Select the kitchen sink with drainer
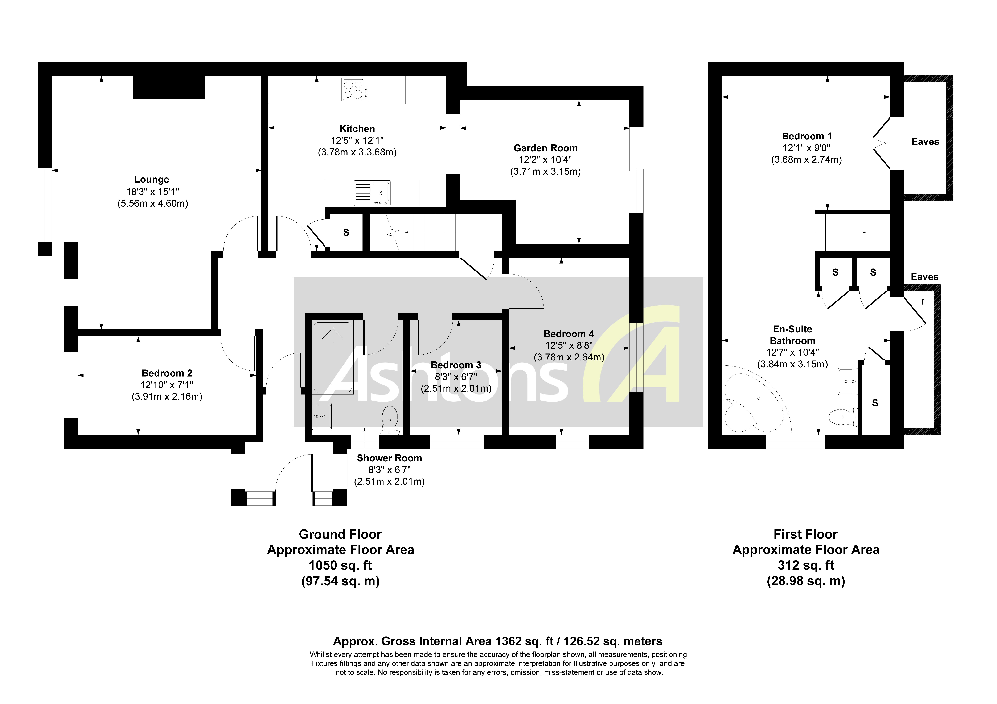tap(372, 193)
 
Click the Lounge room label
tap(152, 179)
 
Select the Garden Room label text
tap(545, 148)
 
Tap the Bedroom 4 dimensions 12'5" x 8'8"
tap(569, 345)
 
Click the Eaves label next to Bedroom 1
tap(925, 142)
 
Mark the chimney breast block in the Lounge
tap(168, 87)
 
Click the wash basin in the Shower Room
tap(322, 416)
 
